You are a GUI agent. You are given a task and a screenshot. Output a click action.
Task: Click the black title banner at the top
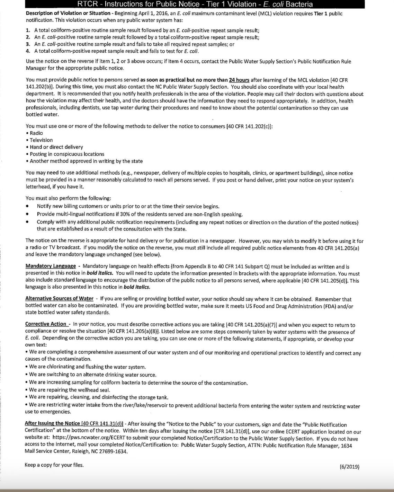point(195,4)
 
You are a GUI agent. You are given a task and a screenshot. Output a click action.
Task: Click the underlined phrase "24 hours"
point(239,80)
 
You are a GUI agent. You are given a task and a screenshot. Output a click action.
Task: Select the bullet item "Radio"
point(36,133)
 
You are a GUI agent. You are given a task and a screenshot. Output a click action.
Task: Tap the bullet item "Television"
point(41,140)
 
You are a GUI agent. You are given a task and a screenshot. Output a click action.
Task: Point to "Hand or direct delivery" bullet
point(56,147)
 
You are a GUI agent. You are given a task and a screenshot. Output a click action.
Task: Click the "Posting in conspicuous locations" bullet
point(67,154)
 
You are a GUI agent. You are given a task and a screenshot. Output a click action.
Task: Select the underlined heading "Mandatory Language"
point(51,266)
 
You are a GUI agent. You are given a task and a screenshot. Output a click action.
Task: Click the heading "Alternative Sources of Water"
point(59,299)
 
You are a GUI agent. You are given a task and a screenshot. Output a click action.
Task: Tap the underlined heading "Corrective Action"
point(46,324)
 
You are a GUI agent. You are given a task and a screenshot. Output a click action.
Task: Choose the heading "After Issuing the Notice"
point(52,423)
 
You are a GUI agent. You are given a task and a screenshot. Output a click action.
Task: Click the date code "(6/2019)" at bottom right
point(349,466)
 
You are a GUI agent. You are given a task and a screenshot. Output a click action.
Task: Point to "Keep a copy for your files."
point(54,465)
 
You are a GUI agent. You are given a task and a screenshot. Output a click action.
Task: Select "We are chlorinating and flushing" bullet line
point(87,367)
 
